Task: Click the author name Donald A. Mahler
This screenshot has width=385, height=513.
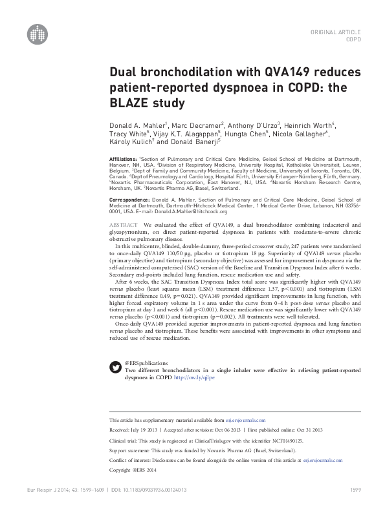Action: (134, 125)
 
